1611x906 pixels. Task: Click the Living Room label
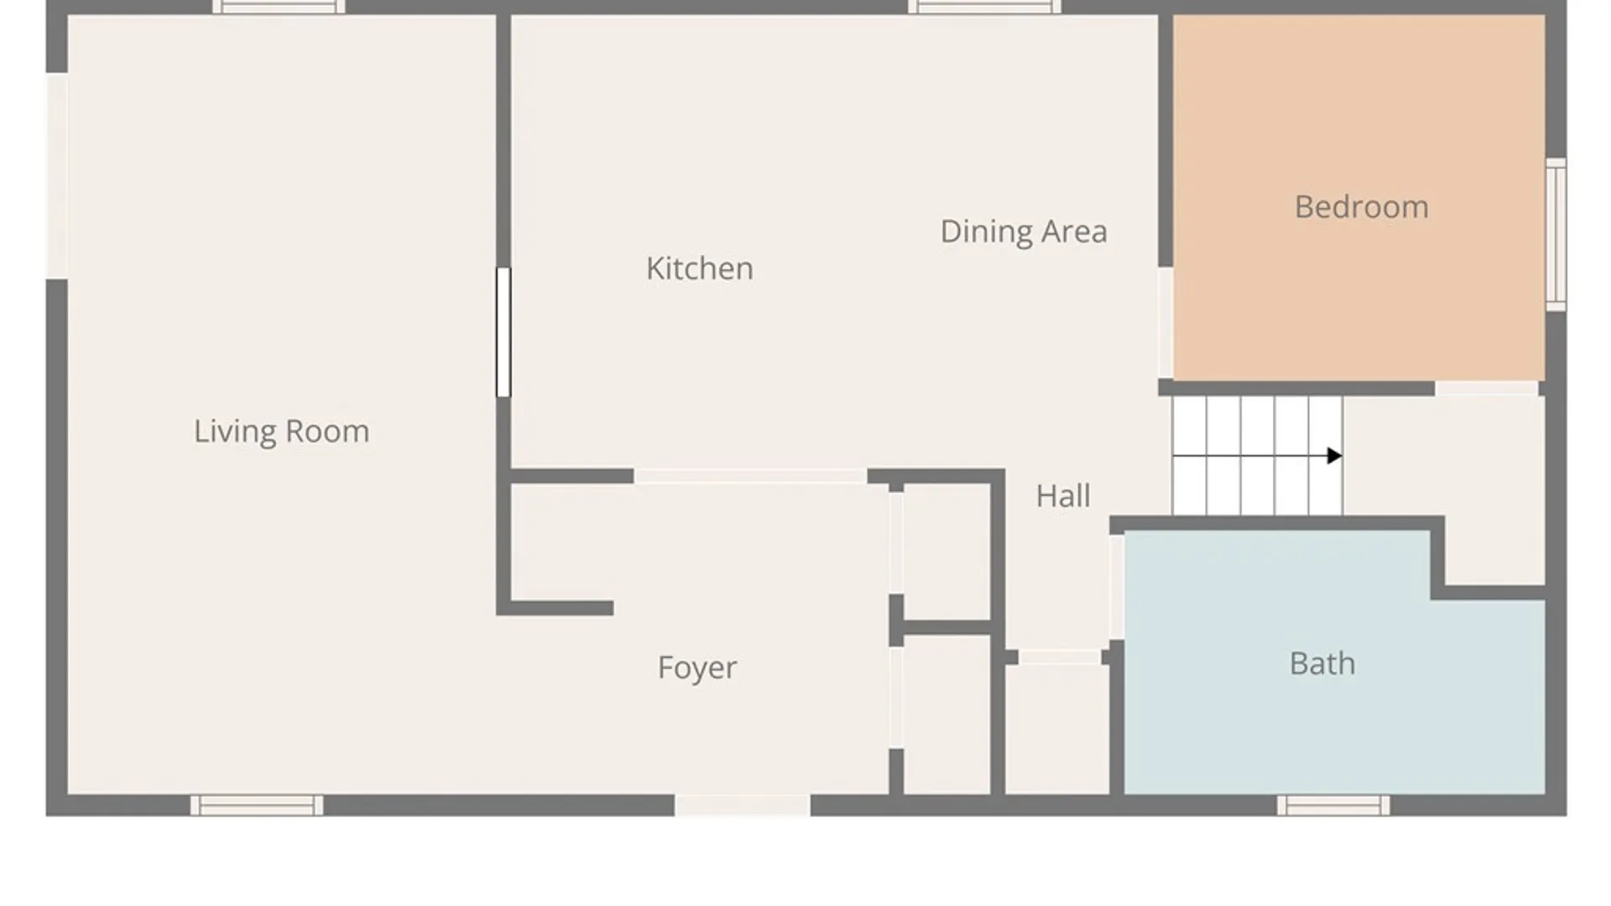281,431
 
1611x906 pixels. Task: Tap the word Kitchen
700,268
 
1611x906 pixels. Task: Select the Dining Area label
1024,232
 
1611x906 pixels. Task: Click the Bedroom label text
1361,207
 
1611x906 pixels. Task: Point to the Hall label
1063,496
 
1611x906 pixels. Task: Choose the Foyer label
697,668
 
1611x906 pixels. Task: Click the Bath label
1322,664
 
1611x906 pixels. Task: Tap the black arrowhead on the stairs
1334,456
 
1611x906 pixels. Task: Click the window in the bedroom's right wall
1556,234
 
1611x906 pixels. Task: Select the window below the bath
1333,805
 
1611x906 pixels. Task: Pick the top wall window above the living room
279,7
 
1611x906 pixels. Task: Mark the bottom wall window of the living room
257,805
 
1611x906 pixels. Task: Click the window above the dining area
984,7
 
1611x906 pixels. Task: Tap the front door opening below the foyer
743,805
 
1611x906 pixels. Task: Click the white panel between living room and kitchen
503,332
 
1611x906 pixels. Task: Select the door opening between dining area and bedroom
1165,323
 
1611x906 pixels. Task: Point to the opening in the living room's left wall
57,176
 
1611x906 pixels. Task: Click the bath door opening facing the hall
1117,587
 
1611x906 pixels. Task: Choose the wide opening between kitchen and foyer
750,476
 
